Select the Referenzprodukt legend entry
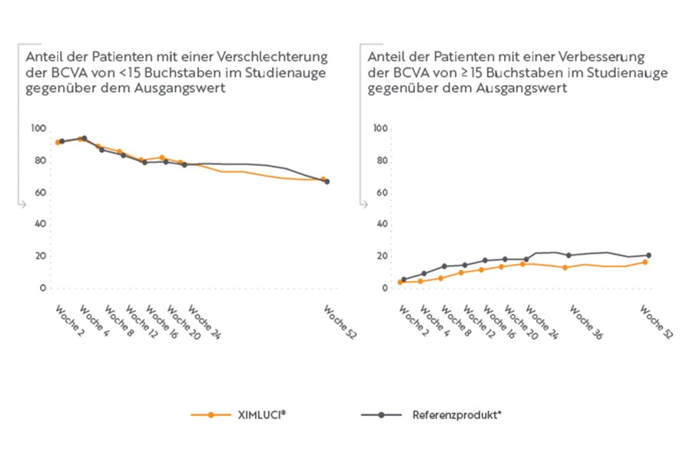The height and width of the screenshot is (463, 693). (x=456, y=415)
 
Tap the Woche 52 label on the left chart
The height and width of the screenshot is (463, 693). (x=340, y=323)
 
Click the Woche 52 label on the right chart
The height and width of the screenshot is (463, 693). (x=658, y=322)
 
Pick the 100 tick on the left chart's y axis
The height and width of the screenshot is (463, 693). (x=38, y=128)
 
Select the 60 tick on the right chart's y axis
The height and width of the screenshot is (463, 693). (x=379, y=193)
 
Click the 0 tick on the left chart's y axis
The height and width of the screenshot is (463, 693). (x=41, y=288)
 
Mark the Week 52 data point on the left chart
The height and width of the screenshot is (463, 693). (x=327, y=181)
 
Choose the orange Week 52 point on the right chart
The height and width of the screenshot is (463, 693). (x=645, y=262)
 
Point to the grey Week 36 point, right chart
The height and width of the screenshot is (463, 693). (x=569, y=255)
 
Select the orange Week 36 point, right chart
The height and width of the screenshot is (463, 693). (x=565, y=267)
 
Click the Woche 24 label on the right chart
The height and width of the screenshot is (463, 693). (x=542, y=322)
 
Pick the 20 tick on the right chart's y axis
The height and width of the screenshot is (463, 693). (x=379, y=256)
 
